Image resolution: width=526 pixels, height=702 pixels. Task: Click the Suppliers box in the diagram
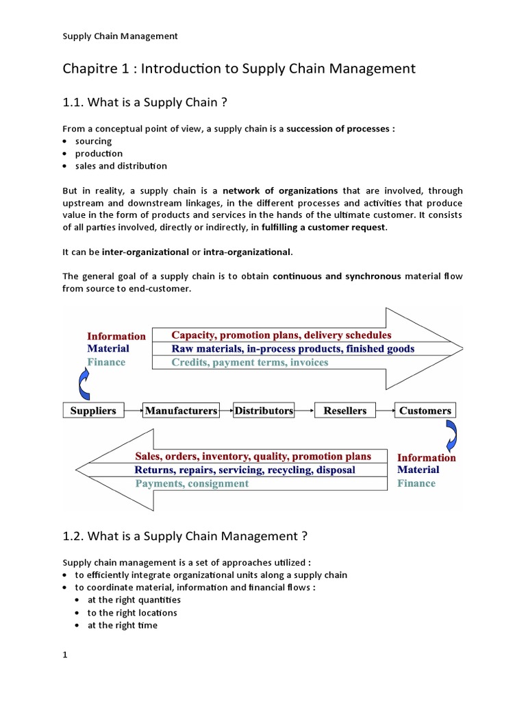click(x=93, y=411)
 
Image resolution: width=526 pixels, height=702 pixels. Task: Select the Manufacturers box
click(x=181, y=411)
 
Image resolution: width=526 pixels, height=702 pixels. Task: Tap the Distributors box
click(x=264, y=411)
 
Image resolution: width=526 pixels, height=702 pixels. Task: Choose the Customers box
click(x=425, y=411)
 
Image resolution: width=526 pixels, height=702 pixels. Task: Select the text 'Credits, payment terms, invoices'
click(x=249, y=362)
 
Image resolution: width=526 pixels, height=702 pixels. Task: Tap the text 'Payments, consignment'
click(x=192, y=483)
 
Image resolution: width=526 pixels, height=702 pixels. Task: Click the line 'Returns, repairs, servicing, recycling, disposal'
click(x=245, y=470)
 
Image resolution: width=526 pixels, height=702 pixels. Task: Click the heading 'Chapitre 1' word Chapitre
click(x=87, y=69)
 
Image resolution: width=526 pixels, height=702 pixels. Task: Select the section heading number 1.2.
click(x=73, y=535)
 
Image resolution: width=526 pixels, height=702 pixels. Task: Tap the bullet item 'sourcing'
click(x=93, y=141)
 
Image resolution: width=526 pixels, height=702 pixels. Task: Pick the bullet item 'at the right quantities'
click(x=125, y=600)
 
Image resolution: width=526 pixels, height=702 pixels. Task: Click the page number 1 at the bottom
click(x=65, y=655)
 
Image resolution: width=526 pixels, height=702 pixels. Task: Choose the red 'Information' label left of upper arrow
click(x=116, y=336)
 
